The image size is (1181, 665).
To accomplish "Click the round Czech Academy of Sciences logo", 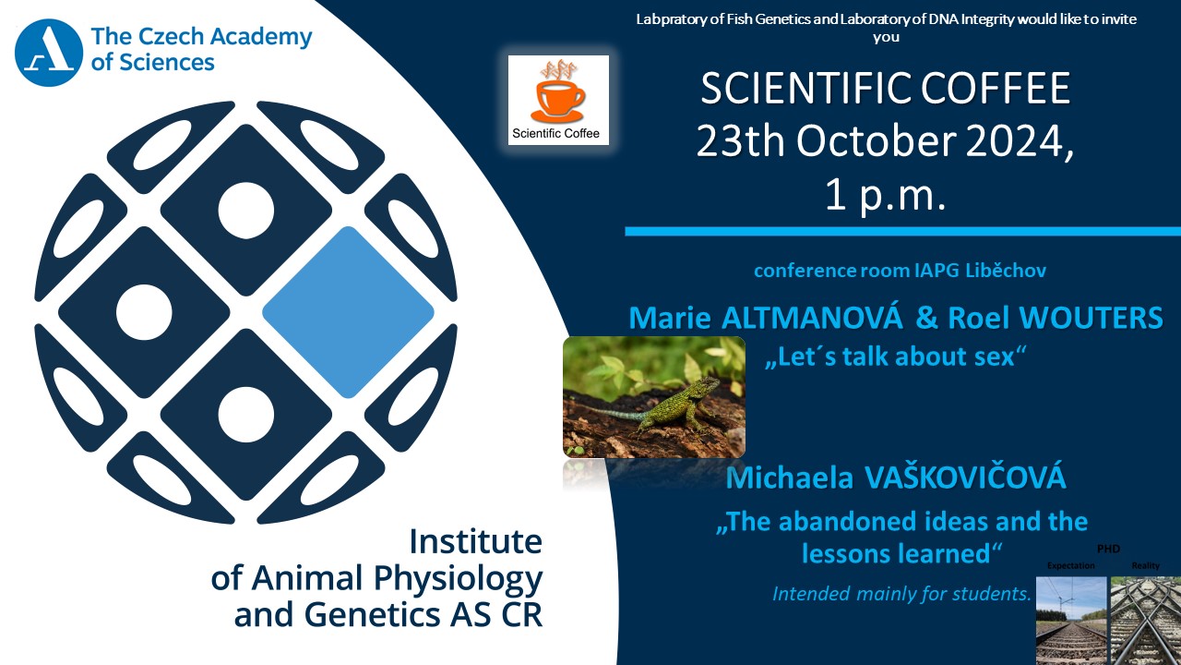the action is pos(49,53).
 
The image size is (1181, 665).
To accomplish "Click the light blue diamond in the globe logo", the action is pos(348,312).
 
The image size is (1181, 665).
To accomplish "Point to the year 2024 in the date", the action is pos(1020,141).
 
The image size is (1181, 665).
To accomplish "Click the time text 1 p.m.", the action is pos(886,195).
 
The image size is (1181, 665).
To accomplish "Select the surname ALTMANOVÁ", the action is pos(812,318).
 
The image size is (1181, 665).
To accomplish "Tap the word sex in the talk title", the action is pos(995,357).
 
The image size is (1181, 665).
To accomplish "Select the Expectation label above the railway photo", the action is pos(1071,566).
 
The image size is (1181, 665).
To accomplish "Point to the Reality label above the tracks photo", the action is pos(1146,566).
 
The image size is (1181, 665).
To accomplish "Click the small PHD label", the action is pos(1108,549).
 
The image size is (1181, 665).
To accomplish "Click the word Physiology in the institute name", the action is pos(459,579).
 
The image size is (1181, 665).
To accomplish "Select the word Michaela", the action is pos(789,478).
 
